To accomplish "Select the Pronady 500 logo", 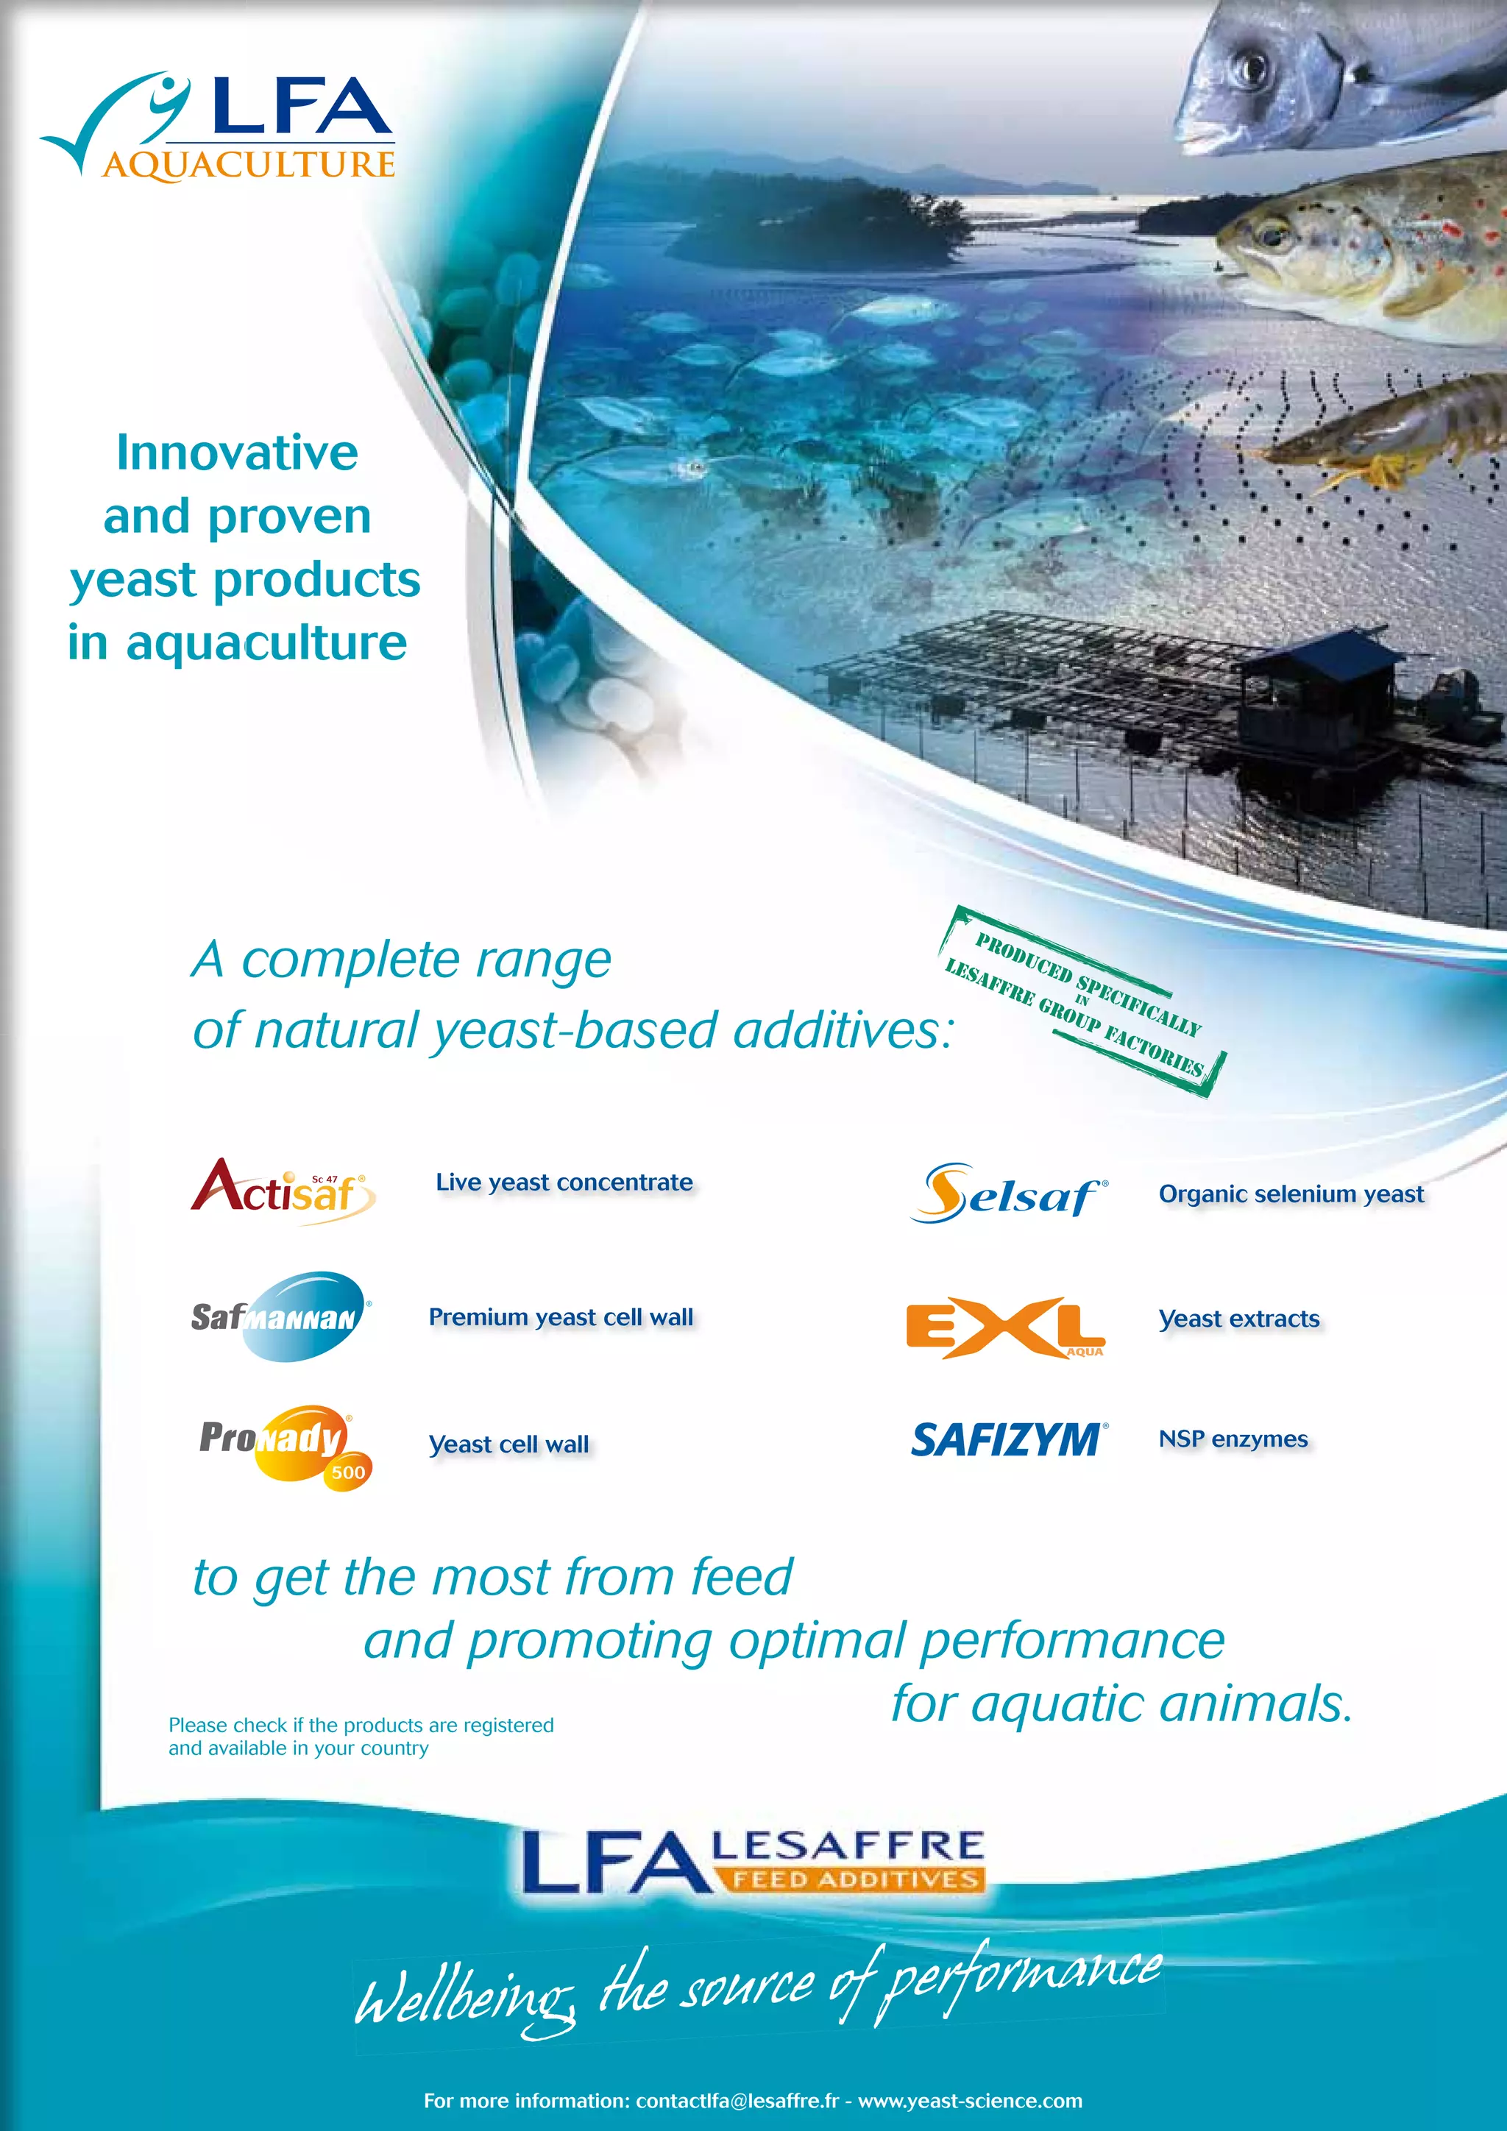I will [286, 1444].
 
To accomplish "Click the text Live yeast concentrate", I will [564, 1182].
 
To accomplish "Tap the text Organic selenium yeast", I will [1291, 1194].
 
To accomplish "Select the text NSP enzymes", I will [1233, 1439].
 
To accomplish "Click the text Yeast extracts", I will [1239, 1319].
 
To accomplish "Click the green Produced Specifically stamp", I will [1081, 1001].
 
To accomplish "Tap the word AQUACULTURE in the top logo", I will [249, 166].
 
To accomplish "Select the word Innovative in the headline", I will [237, 453].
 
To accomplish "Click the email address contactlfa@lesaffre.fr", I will [737, 2100].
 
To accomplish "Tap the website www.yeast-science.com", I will [970, 2100].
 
